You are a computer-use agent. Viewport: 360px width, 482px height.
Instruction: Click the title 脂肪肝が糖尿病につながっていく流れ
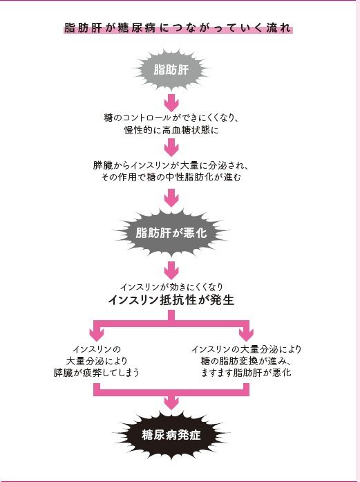click(x=178, y=29)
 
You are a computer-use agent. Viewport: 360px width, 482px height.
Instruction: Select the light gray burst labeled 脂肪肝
click(x=171, y=70)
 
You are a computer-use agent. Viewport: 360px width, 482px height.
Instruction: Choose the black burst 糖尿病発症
click(x=171, y=436)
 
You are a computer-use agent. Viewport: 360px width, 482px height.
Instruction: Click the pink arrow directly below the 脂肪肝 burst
click(x=171, y=102)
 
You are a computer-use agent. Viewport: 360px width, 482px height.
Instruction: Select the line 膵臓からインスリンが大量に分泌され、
click(x=171, y=166)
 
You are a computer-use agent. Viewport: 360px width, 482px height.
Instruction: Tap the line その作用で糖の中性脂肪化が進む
click(x=171, y=178)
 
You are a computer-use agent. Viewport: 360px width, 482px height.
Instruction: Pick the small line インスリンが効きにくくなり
click(x=171, y=286)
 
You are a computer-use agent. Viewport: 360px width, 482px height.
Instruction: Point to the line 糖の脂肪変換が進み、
click(x=246, y=361)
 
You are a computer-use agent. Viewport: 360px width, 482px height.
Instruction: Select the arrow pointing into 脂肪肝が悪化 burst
click(x=171, y=199)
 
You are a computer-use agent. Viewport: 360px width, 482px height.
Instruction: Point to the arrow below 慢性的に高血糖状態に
click(x=171, y=147)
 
